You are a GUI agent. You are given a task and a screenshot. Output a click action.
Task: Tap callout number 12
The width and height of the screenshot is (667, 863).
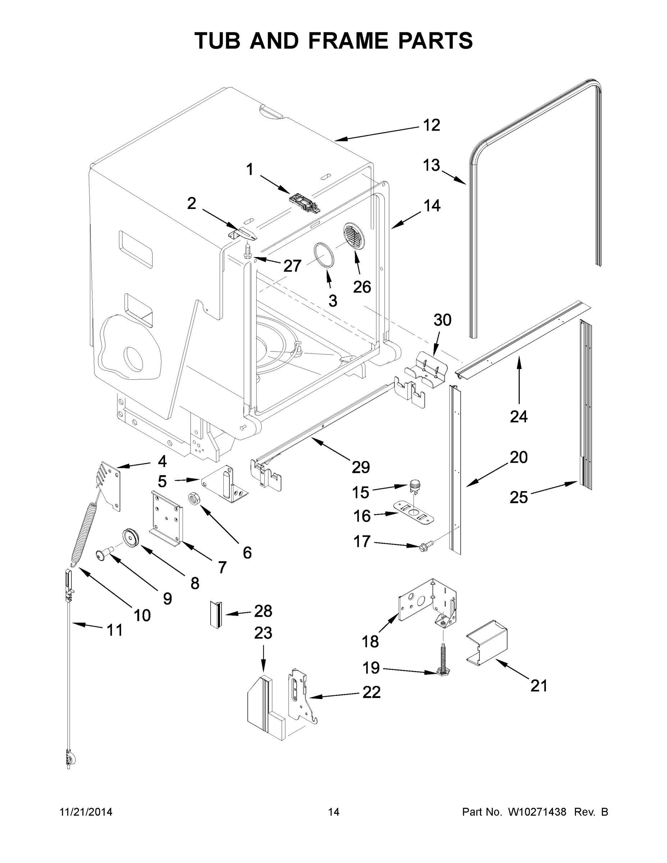431,125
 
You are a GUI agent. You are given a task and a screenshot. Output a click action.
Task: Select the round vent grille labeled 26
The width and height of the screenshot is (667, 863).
354,236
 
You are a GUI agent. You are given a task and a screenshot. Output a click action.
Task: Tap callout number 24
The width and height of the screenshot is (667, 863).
518,416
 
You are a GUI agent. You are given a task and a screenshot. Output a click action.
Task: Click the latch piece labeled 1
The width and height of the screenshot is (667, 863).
305,202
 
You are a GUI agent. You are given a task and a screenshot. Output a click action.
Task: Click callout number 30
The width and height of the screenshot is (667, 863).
442,320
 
